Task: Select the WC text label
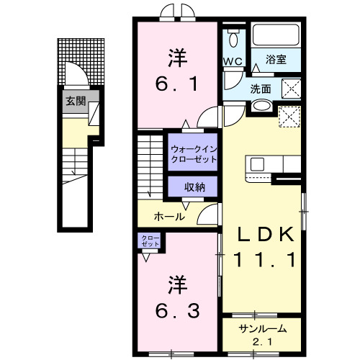233,61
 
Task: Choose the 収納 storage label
194,186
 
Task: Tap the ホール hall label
170,217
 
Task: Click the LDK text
266,235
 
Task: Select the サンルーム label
263,328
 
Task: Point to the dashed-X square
290,116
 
